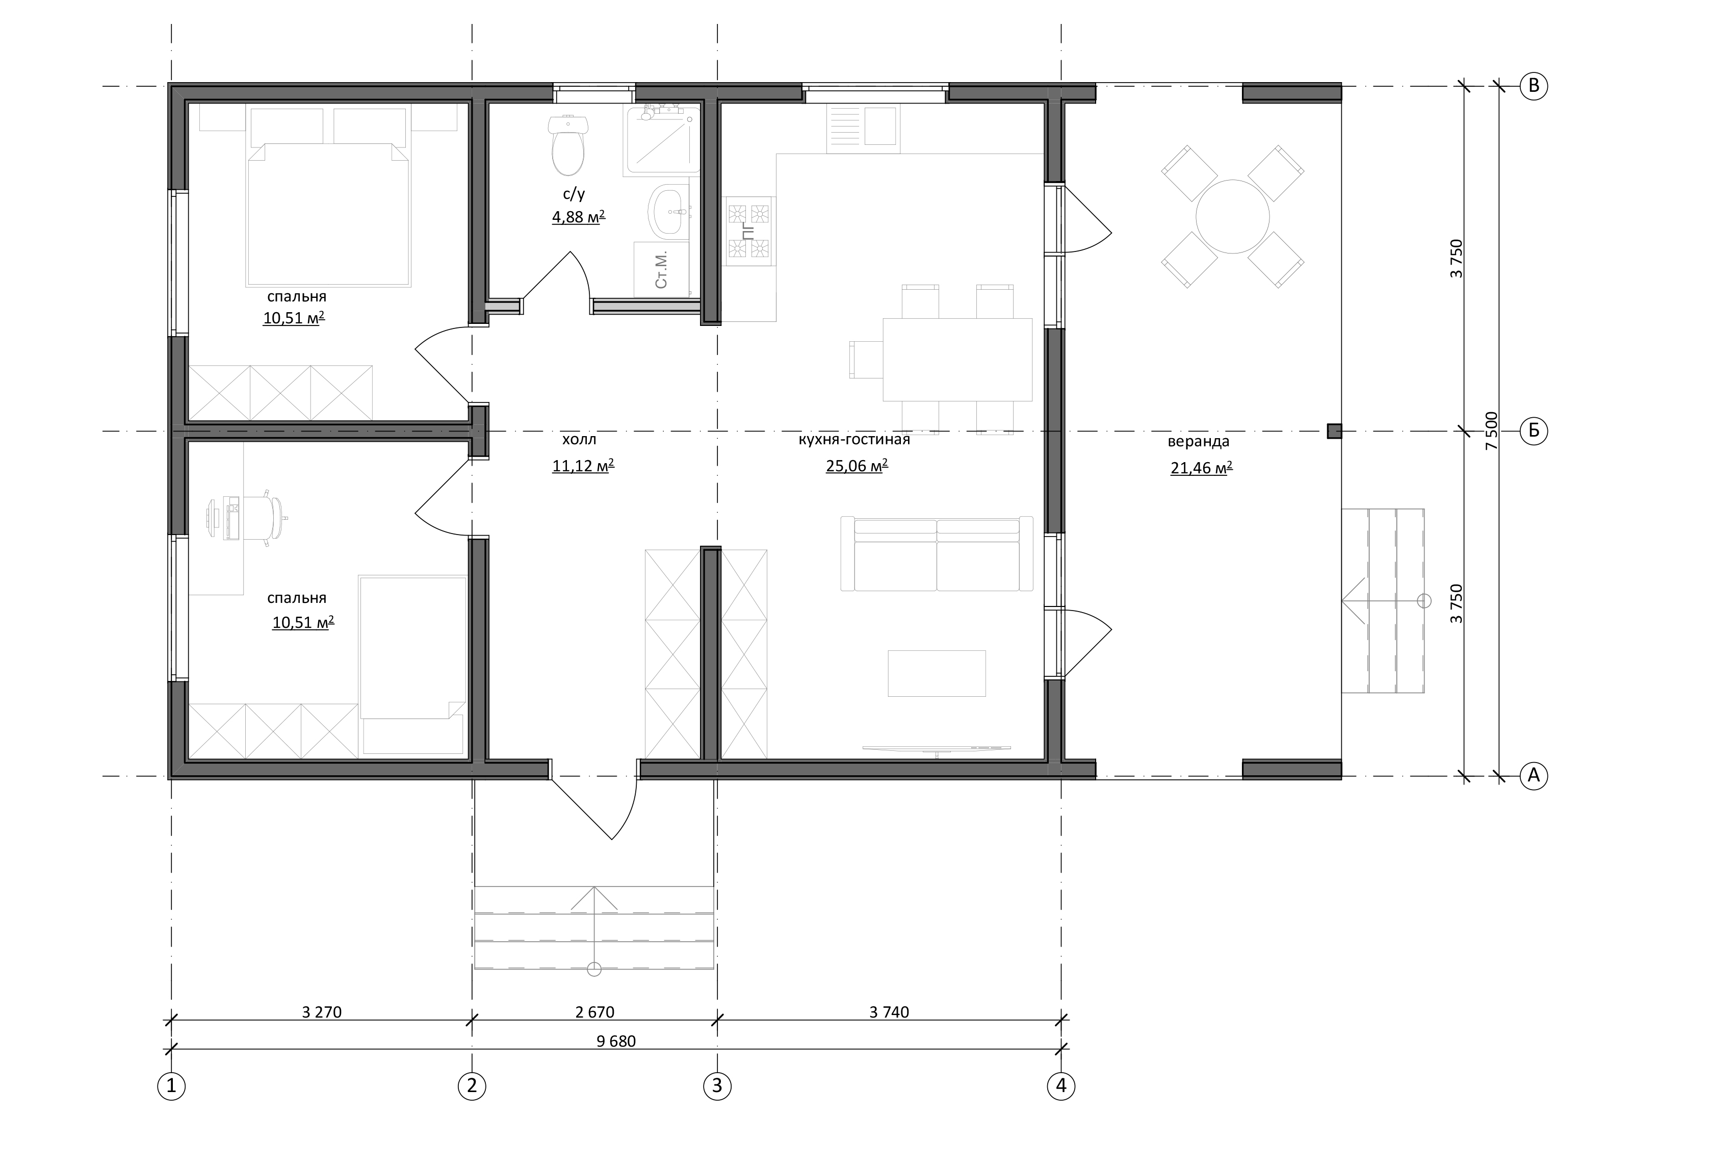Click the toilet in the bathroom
click(x=568, y=146)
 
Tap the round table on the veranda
click(x=1232, y=216)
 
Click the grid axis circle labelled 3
click(x=717, y=1085)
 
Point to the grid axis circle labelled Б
click(x=1534, y=430)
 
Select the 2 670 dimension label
click(x=594, y=1012)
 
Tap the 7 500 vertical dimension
click(x=1491, y=431)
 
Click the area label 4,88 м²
click(x=578, y=216)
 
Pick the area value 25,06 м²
click(x=857, y=466)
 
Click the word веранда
click(x=1199, y=442)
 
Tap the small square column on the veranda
click(x=1334, y=431)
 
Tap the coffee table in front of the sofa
click(x=937, y=673)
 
